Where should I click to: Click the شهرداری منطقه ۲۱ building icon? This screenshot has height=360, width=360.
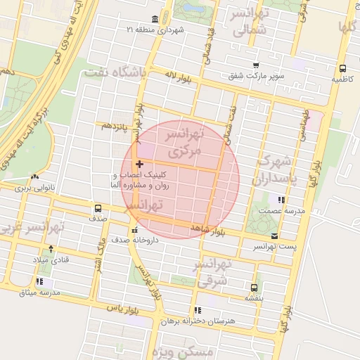155,19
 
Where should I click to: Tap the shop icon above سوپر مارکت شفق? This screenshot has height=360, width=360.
255,65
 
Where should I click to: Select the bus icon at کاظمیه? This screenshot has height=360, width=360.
342,69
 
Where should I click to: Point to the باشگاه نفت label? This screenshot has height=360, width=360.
114,72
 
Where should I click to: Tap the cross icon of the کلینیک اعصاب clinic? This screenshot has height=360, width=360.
139,163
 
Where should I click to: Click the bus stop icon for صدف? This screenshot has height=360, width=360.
97,208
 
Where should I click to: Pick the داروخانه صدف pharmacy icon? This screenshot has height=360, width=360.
134,230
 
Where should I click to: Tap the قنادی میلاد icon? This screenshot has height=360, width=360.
49,249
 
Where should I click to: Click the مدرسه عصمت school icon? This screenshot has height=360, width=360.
281,200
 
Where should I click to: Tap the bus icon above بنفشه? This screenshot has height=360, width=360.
254,288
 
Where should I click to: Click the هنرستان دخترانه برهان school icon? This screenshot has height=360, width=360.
197,309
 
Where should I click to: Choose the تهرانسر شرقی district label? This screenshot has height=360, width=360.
208,271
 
